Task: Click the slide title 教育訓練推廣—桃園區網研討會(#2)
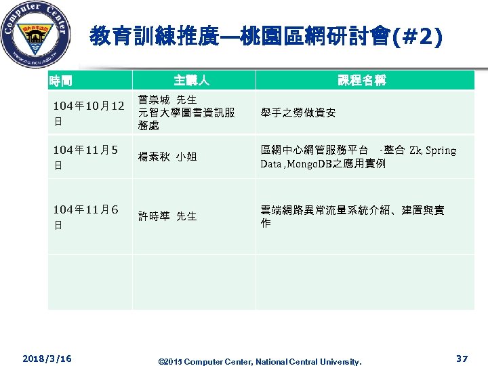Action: pyautogui.click(x=266, y=36)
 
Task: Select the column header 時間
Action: pyautogui.click(x=60, y=81)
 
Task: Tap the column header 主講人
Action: pyautogui.click(x=191, y=81)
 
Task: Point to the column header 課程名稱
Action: pyautogui.click(x=363, y=81)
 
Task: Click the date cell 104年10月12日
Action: pyautogui.click(x=89, y=113)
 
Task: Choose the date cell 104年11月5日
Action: pyautogui.click(x=85, y=157)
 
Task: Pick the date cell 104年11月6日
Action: pyautogui.click(x=85, y=216)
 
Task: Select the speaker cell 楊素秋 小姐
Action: pyautogui.click(x=167, y=157)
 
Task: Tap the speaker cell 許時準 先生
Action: pyautogui.click(x=167, y=216)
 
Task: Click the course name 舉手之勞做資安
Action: pyautogui.click(x=298, y=113)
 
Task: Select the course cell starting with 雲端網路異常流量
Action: pyautogui.click(x=352, y=216)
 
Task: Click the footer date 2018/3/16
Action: pyautogui.click(x=47, y=357)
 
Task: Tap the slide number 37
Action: pyautogui.click(x=462, y=358)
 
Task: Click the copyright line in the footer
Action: pyautogui.click(x=260, y=361)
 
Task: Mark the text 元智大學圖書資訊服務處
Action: pyautogui.click(x=186, y=119)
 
